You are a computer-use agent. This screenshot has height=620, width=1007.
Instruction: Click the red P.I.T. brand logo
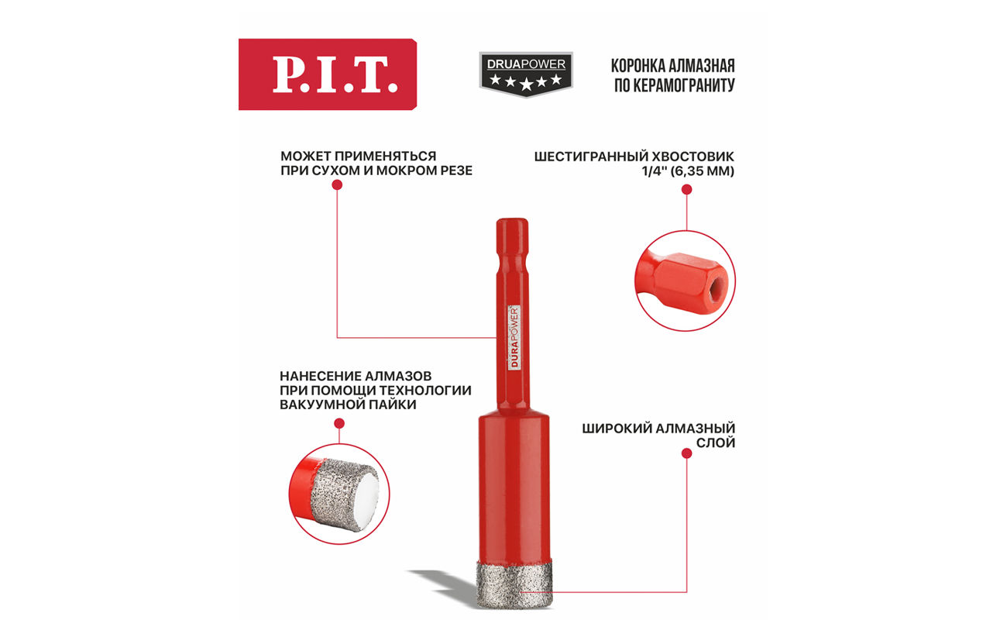pos(328,74)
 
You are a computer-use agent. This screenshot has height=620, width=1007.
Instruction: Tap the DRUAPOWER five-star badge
pos(526,74)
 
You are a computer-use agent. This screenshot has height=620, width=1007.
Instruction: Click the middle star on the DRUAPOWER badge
pos(526,83)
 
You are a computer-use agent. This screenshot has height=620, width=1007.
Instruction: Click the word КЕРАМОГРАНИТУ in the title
pos(683,85)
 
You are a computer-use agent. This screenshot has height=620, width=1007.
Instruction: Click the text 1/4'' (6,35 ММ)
pos(689,171)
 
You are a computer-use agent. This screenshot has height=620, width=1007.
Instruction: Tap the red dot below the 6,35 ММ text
pos(686,190)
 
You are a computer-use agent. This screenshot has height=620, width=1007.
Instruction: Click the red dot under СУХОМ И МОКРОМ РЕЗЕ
pos(337,185)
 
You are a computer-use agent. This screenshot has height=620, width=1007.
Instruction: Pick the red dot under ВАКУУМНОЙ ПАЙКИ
pos(339,423)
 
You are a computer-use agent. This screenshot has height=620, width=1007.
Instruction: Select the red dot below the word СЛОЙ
pos(686,453)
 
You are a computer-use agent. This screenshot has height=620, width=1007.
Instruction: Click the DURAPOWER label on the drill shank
pos(514,338)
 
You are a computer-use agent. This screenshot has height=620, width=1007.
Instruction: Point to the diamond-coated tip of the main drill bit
pos(515,584)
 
